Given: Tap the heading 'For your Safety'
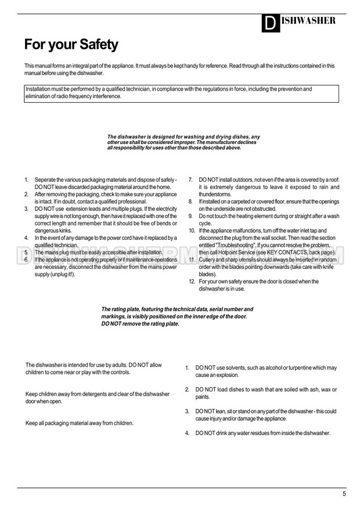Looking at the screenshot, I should point(71,44).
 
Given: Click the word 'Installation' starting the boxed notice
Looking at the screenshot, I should point(38,89).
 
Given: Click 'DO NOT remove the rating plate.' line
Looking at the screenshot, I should point(140,324).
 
